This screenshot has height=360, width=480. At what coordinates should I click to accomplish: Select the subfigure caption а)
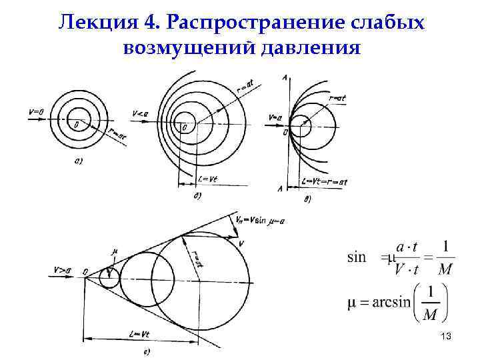(78, 161)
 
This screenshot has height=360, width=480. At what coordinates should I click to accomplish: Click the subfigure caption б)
(198, 196)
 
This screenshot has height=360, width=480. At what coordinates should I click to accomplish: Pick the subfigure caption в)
(307, 199)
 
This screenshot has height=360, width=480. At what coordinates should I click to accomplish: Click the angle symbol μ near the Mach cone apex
(115, 252)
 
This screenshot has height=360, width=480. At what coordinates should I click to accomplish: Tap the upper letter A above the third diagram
(285, 79)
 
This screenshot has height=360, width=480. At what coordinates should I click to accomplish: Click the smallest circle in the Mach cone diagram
(109, 276)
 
